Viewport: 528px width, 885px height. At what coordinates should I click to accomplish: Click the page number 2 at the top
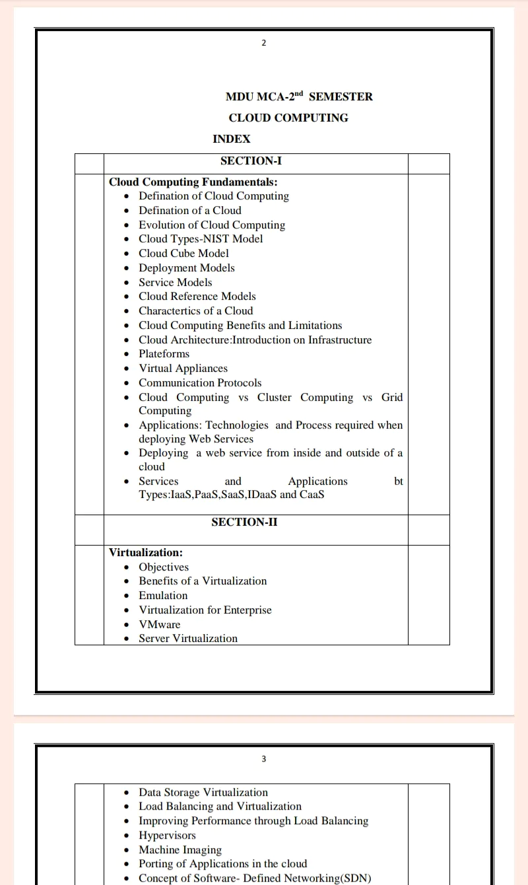(x=264, y=43)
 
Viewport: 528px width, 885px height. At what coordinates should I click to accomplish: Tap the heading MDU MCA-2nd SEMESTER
(x=299, y=96)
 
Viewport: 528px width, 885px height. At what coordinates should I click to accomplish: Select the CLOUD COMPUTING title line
(x=288, y=118)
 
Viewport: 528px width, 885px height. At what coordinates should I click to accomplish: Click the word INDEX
(x=232, y=139)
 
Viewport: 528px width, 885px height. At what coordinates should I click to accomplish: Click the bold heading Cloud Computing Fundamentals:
(x=193, y=182)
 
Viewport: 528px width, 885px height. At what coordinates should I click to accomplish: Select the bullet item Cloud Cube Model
(x=183, y=253)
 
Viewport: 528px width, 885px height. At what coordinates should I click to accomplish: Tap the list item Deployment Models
(x=186, y=267)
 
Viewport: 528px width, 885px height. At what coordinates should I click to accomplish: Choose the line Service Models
(x=175, y=282)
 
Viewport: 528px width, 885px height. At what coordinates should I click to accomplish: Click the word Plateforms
(x=164, y=353)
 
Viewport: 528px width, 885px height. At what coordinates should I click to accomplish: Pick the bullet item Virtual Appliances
(x=183, y=368)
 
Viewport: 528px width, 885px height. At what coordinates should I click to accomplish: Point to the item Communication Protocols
(x=200, y=382)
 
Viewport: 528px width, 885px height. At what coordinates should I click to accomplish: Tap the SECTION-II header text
(x=244, y=522)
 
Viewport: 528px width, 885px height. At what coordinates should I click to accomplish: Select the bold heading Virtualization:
(x=146, y=552)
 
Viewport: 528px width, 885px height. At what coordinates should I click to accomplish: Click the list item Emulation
(x=163, y=595)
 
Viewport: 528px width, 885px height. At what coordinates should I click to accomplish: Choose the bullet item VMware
(x=159, y=624)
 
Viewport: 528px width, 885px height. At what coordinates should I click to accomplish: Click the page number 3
(x=264, y=759)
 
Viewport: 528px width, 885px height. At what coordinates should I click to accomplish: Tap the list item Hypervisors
(x=167, y=835)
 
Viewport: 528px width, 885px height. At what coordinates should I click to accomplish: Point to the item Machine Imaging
(x=180, y=849)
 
